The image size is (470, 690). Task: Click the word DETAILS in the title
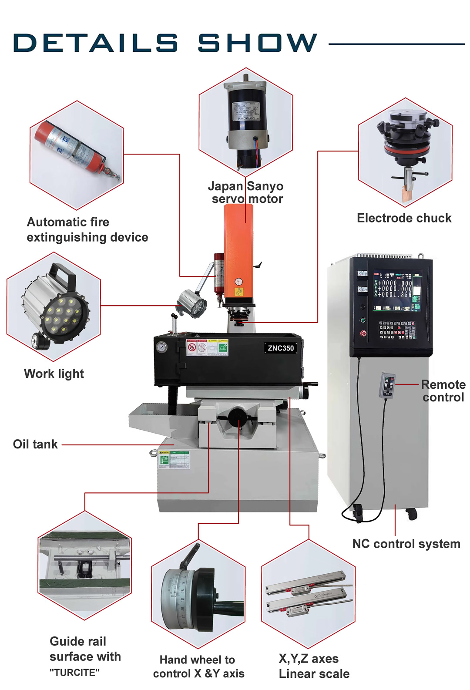[x=95, y=43]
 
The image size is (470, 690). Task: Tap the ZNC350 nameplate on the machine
[x=281, y=348]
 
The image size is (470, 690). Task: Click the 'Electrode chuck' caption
[x=404, y=218]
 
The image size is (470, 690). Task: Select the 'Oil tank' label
[x=35, y=444]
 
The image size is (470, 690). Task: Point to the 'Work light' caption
[x=54, y=374]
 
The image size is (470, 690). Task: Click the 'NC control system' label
[x=406, y=544]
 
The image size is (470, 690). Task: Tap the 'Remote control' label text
[x=443, y=391]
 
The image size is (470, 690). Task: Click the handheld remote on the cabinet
[x=387, y=385]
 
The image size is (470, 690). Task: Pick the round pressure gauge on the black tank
[x=161, y=347]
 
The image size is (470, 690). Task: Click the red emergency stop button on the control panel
[x=363, y=333]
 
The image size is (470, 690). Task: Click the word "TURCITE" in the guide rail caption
[x=74, y=673]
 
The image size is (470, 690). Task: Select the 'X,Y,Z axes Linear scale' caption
[x=314, y=666]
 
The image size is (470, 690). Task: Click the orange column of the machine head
[x=238, y=252]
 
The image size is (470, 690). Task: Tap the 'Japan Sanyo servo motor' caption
[x=246, y=192]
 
